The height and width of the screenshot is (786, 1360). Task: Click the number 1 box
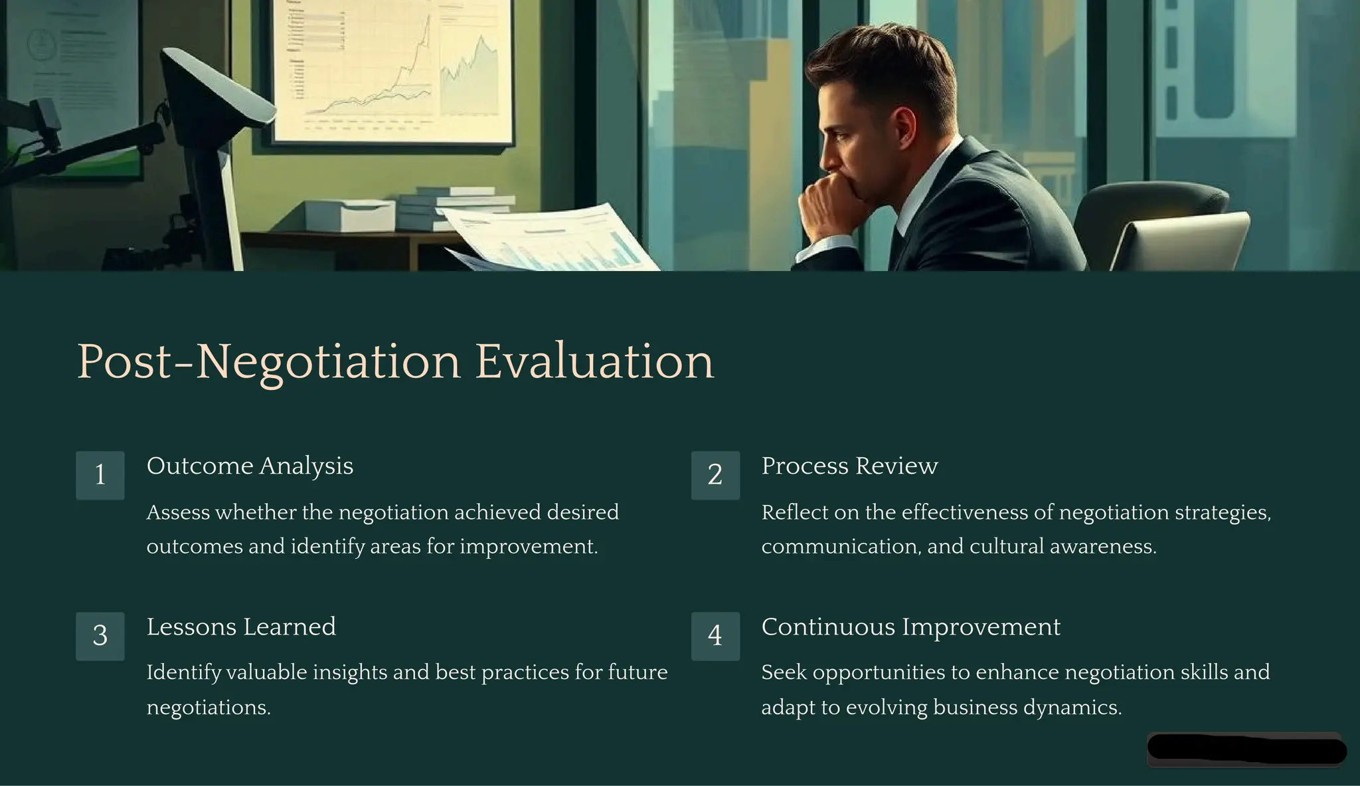[100, 475]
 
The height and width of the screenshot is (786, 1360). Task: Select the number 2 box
[715, 475]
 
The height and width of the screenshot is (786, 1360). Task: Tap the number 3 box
[100, 636]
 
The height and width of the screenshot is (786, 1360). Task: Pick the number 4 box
[715, 636]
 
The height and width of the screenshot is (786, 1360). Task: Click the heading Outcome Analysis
[250, 466]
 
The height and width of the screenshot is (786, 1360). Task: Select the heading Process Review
[849, 466]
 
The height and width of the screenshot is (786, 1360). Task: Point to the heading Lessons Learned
[241, 627]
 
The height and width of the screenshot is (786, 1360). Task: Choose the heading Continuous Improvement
[910, 627]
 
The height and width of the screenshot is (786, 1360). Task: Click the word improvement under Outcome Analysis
[528, 547]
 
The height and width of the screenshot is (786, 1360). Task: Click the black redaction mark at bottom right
[1246, 749]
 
